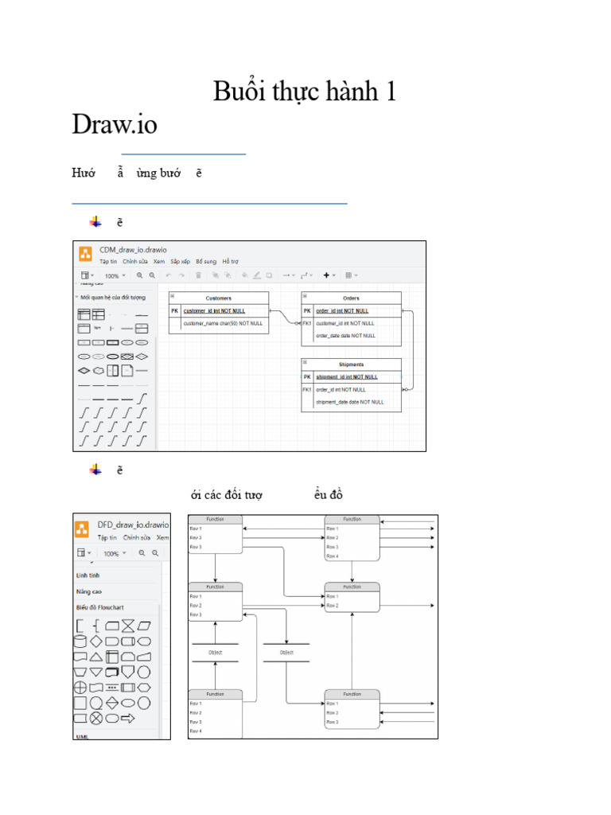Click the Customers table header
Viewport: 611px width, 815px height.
coord(218,298)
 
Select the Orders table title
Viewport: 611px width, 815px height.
coord(351,298)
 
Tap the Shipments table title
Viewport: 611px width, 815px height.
coord(351,365)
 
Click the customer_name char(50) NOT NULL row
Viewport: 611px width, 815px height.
coord(223,324)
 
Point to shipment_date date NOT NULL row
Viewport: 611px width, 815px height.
coord(349,402)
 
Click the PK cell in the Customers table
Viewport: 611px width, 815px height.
coord(175,311)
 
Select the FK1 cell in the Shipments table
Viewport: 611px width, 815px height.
coord(307,390)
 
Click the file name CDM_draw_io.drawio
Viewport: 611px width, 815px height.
coord(133,250)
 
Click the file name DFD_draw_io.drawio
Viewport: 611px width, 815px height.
coord(133,525)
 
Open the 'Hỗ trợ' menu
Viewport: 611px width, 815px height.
coord(230,261)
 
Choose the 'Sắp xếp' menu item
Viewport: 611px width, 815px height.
coord(180,261)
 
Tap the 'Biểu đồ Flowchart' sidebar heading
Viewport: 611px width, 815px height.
coord(100,607)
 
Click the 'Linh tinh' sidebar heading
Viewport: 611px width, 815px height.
coord(88,575)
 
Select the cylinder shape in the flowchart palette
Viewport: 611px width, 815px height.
coord(80,641)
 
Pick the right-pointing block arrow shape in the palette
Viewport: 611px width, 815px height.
coord(127,718)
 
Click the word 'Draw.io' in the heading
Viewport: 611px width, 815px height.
coord(115,125)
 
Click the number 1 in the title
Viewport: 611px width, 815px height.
coord(390,92)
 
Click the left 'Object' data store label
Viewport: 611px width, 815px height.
coord(215,653)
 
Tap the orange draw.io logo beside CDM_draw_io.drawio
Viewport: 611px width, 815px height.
coord(85,255)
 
